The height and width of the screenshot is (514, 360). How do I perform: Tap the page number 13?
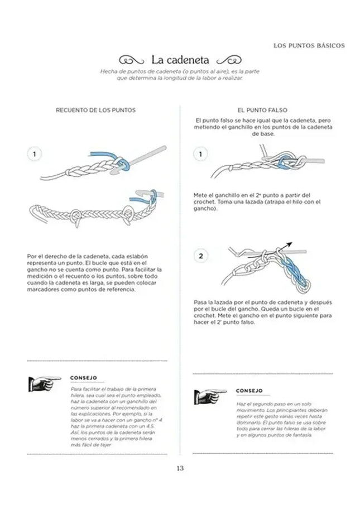[180, 468]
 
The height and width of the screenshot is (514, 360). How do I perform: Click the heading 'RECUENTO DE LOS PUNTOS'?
[95, 111]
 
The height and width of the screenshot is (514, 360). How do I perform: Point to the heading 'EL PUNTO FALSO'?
[262, 111]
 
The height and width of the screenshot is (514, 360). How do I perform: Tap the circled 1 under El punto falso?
[201, 154]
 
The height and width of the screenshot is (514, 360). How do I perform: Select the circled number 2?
[201, 256]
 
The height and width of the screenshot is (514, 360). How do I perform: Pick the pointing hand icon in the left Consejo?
[45, 383]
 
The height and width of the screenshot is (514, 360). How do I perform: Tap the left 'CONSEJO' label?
[84, 377]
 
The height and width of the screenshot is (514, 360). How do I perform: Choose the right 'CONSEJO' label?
[249, 391]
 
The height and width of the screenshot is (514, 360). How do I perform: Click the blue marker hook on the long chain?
[136, 197]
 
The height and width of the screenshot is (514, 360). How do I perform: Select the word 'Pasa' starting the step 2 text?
[200, 301]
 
